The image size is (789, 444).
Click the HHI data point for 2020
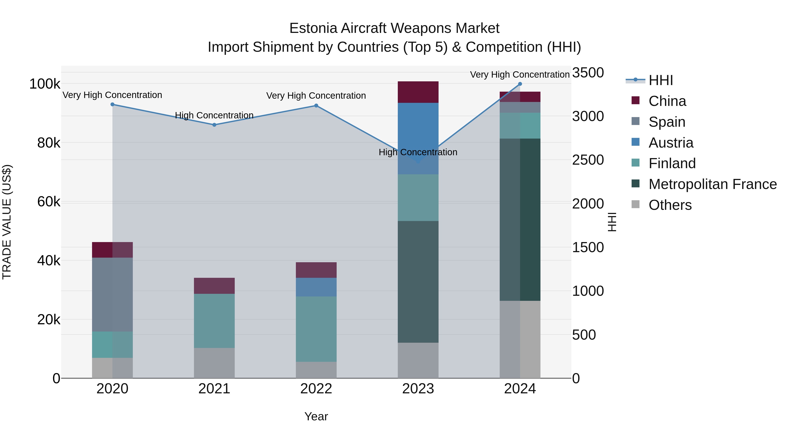click(112, 105)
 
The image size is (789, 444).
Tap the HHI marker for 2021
click(214, 125)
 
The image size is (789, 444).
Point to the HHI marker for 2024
click(520, 84)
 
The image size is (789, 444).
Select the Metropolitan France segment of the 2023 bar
click(418, 282)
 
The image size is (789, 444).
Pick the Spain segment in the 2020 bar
click(112, 294)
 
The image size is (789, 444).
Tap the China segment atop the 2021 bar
click(214, 285)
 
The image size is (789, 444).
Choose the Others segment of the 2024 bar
click(520, 339)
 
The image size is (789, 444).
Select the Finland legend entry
click(672, 163)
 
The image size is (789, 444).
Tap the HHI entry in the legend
click(661, 80)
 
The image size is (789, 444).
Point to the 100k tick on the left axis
click(45, 84)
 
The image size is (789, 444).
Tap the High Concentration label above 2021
click(214, 115)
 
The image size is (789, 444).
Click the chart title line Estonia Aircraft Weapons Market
click(394, 28)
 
